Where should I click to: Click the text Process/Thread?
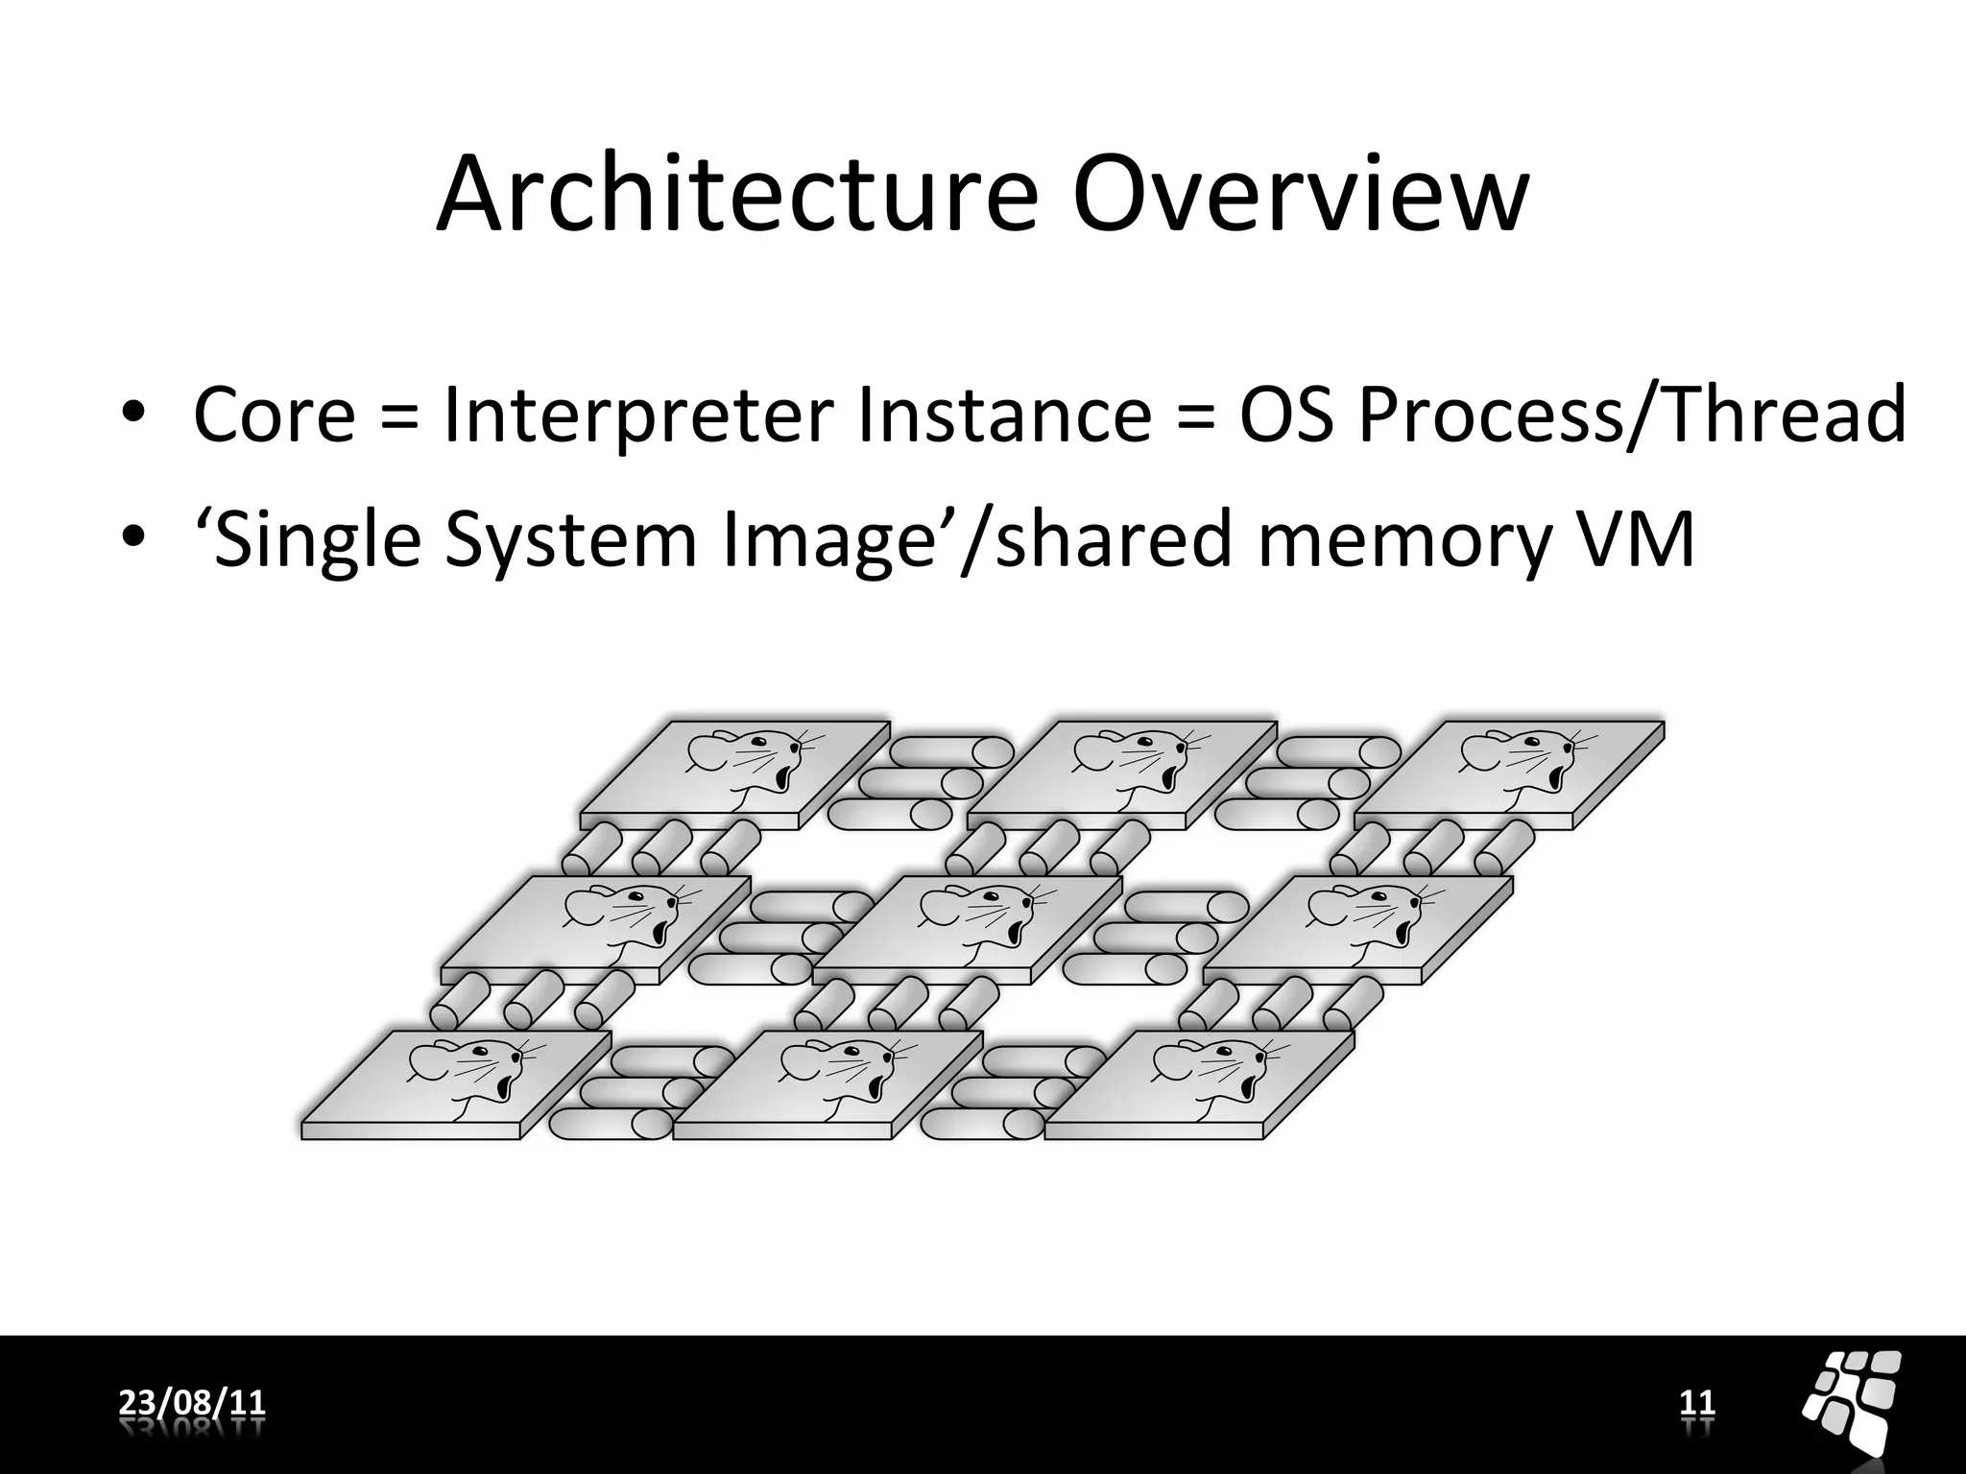coord(1632,415)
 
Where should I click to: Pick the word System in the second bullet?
coord(570,539)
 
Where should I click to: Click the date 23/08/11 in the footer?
coord(192,1403)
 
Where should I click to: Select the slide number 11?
coord(1696,1403)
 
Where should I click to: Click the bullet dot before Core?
coord(132,415)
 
